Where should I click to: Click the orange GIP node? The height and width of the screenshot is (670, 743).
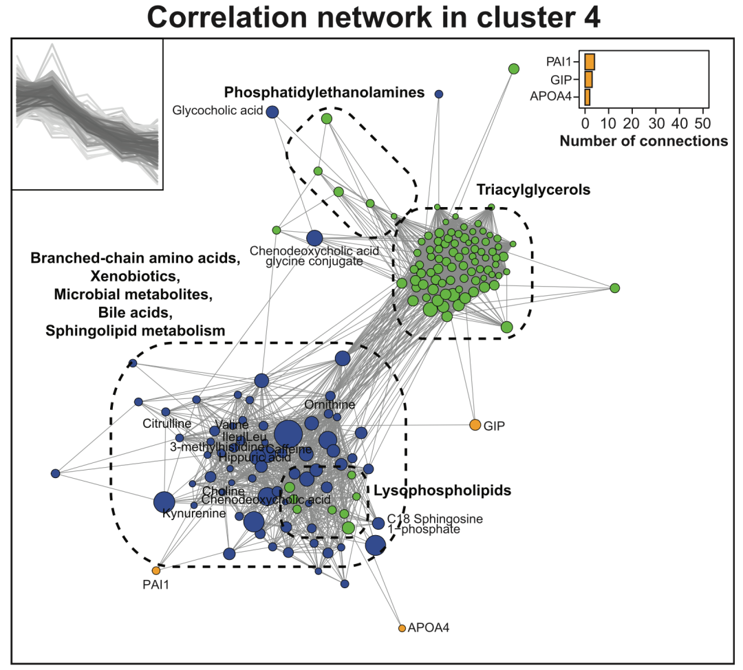pyautogui.click(x=475, y=424)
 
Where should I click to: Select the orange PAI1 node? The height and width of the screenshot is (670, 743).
pyautogui.click(x=156, y=570)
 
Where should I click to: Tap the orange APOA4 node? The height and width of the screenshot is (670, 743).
pyautogui.click(x=402, y=628)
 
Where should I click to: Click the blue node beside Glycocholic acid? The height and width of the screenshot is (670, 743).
pyautogui.click(x=272, y=111)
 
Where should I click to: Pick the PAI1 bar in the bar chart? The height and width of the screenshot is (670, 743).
pyautogui.click(x=590, y=62)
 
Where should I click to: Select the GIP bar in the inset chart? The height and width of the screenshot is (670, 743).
pyautogui.click(x=588, y=79)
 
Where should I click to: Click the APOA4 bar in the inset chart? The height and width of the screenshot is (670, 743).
pyautogui.click(x=587, y=96)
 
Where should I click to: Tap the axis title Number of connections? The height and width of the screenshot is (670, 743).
pyautogui.click(x=644, y=141)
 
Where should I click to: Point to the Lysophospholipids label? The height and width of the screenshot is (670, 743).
pyautogui.click(x=442, y=490)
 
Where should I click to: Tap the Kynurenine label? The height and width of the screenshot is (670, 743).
pyautogui.click(x=185, y=513)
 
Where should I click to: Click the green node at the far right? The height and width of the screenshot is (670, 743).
pyautogui.click(x=615, y=288)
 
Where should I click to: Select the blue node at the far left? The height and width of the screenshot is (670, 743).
pyautogui.click(x=56, y=473)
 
